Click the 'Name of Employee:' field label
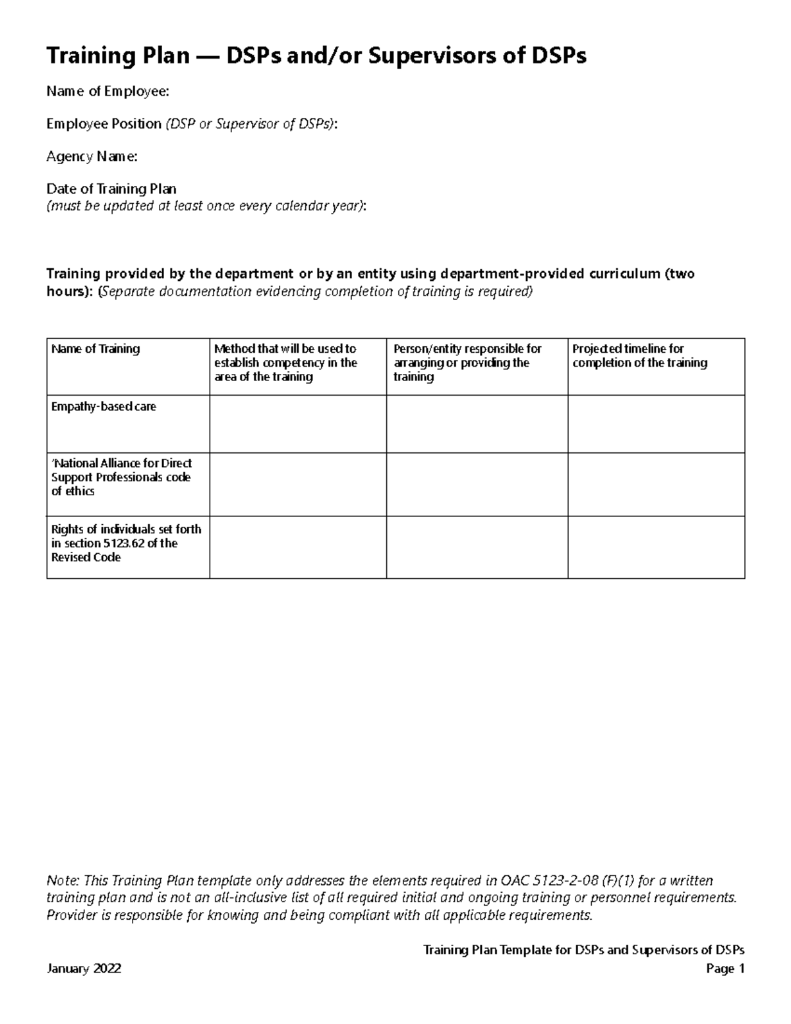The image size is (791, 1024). click(107, 92)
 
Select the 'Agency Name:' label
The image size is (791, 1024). click(92, 156)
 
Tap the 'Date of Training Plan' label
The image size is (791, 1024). click(111, 189)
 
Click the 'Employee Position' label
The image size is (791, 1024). click(103, 124)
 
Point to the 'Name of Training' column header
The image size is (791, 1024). click(96, 349)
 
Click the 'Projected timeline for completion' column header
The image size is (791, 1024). click(639, 356)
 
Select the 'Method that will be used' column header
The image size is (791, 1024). click(285, 363)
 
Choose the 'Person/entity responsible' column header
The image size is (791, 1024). click(467, 363)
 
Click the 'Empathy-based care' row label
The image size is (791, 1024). click(103, 407)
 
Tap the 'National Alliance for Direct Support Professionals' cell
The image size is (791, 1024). click(121, 477)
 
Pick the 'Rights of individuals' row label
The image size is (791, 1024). click(126, 543)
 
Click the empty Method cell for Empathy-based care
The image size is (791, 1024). click(298, 424)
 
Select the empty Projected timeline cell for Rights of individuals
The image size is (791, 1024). click(656, 547)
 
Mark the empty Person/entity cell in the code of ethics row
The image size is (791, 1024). click(477, 484)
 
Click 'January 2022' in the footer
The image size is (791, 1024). click(84, 969)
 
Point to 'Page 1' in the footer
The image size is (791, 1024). click(725, 969)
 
